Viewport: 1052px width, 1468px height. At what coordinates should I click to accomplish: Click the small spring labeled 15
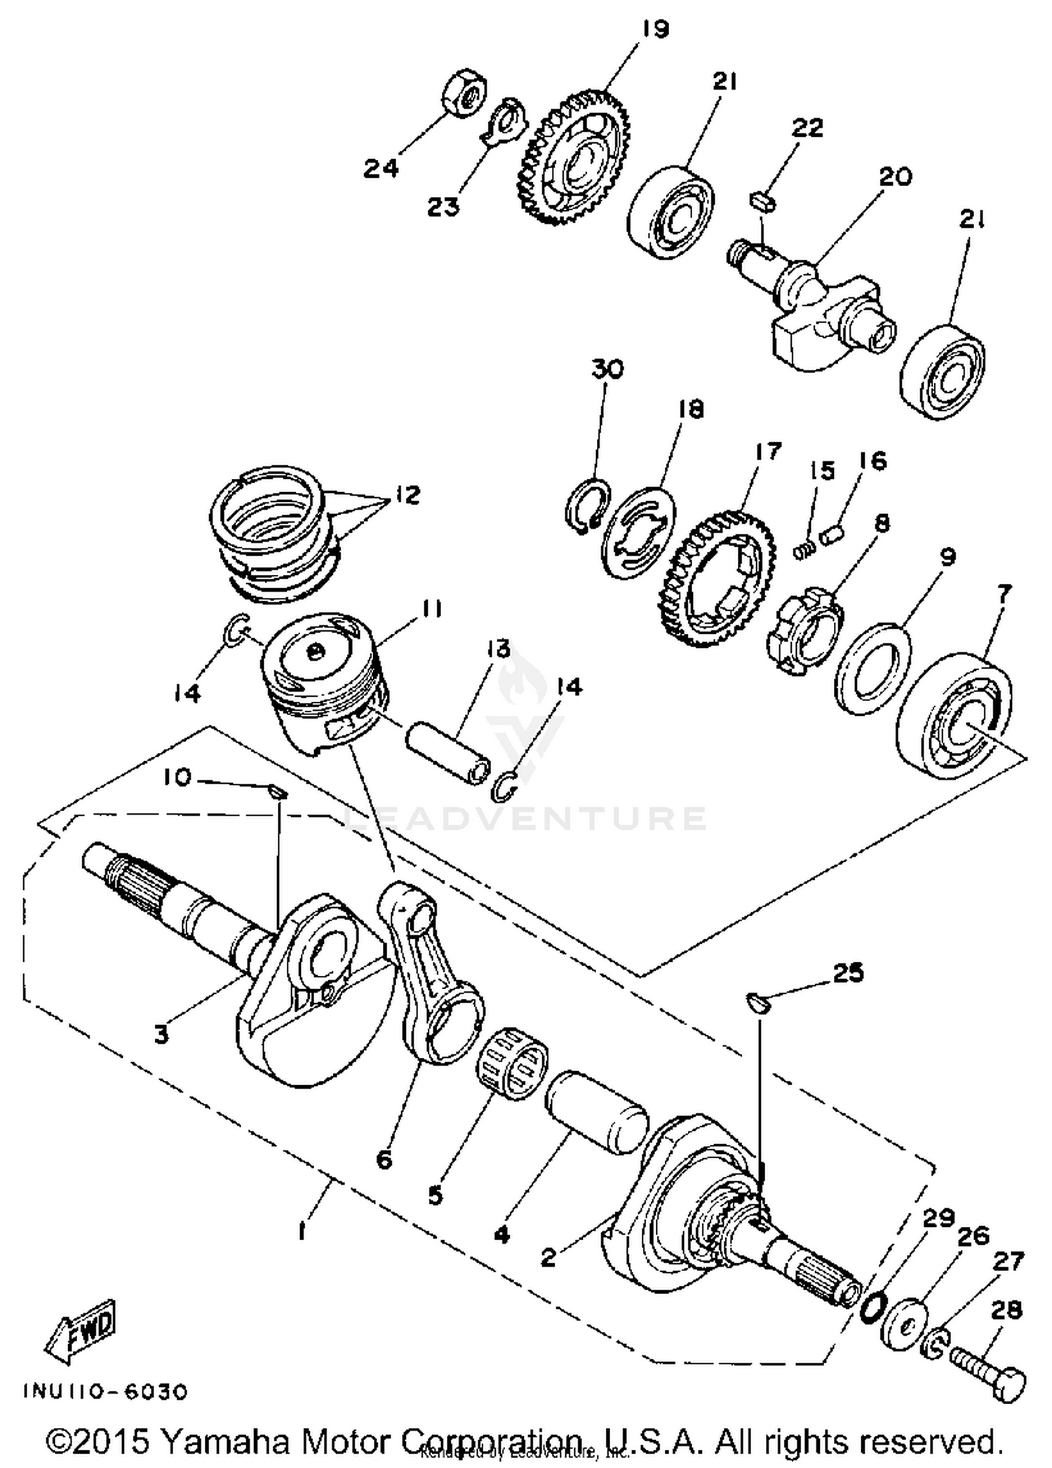coord(805,552)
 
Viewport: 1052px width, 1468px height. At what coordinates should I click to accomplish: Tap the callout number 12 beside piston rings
coord(407,494)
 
